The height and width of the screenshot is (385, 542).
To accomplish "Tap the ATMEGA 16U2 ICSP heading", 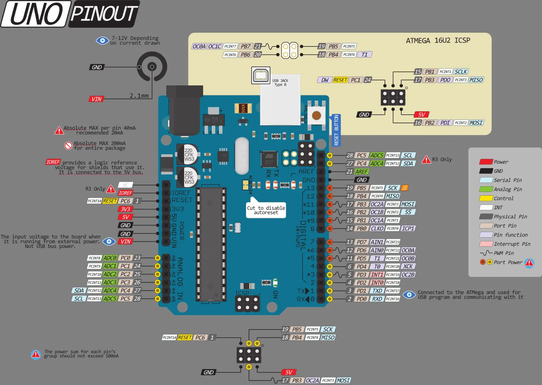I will (438, 41).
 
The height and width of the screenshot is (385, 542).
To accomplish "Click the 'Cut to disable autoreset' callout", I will (266, 210).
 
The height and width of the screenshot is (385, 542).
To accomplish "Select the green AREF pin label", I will (362, 171).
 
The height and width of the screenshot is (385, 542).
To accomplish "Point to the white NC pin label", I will (125, 185).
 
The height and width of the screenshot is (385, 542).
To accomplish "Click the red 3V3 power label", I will (125, 209).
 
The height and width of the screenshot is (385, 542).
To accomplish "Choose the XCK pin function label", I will (408, 266).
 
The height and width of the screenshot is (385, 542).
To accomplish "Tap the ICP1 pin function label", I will (408, 228).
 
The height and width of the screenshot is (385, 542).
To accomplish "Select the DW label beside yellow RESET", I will (325, 80).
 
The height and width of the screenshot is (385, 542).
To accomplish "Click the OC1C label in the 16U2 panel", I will (215, 46).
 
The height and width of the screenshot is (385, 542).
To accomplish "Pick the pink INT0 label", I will (377, 283).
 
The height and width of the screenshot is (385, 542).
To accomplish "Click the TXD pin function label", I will (377, 291).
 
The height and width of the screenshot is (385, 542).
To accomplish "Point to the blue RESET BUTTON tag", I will (336, 130).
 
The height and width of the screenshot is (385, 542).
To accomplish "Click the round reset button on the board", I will (316, 116).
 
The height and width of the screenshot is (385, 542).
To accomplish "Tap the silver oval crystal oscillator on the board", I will (242, 156).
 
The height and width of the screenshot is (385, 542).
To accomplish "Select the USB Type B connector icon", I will (261, 75).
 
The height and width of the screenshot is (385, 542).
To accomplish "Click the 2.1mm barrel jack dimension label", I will (139, 96).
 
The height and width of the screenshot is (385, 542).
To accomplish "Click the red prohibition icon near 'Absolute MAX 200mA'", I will (68, 146).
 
